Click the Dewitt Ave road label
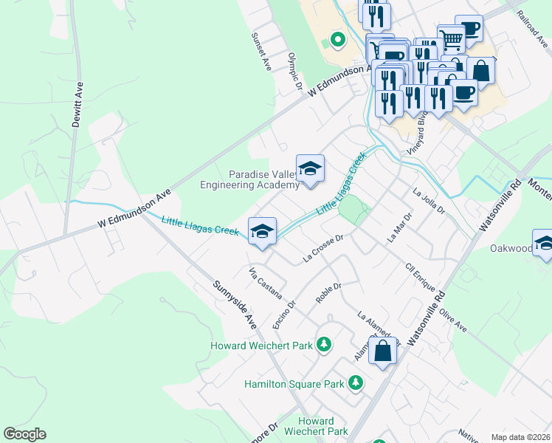click(76, 105)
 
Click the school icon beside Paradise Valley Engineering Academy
click(311, 168)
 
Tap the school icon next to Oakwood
click(543, 244)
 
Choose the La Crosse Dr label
click(324, 249)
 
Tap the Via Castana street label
click(266, 283)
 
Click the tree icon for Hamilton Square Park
click(356, 382)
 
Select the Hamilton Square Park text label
click(294, 384)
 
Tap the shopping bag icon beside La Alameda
click(382, 351)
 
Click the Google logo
click(24, 434)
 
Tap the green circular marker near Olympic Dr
click(337, 39)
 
